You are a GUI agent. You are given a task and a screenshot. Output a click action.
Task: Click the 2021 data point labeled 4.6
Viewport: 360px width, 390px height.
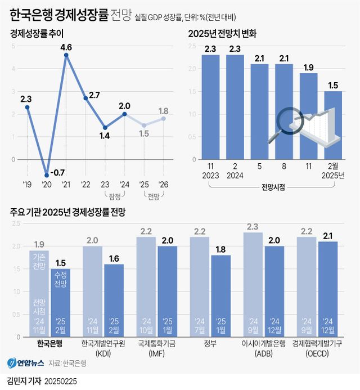pos(66,55)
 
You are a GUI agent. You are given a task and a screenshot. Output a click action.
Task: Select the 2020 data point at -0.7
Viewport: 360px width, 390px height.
pos(47,175)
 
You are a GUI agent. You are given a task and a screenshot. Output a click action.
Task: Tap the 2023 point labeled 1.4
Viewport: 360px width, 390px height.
pos(105,128)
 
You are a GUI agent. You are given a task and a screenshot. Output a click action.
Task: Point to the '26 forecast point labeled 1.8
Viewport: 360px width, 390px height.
pos(164,118)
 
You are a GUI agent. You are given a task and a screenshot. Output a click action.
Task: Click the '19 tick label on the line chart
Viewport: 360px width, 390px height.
pos(27,185)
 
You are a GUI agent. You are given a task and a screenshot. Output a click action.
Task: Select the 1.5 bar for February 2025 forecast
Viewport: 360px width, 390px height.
pos(332,125)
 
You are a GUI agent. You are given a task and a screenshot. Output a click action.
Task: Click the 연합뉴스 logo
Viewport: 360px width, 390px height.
pos(23,364)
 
